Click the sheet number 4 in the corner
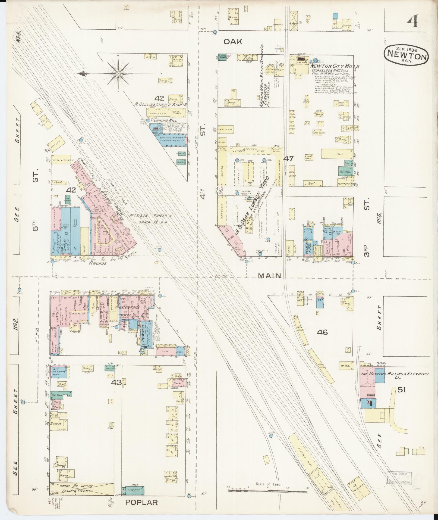412,21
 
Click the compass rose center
119,73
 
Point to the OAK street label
233,42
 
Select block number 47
288,158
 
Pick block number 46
322,332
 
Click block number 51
401,390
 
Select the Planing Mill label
164,120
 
